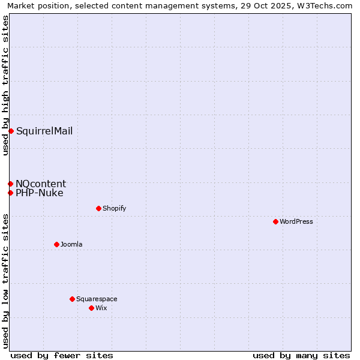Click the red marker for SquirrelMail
point(11,131)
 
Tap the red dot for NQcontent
point(10,184)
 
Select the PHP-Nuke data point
point(10,193)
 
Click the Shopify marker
point(98,208)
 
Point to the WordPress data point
point(275,221)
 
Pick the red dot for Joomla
point(56,244)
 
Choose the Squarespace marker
point(72,299)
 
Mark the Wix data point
point(91,308)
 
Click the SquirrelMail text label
point(44,131)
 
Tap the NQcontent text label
point(41,184)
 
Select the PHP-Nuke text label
point(40,193)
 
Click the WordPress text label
point(296,221)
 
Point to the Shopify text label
point(114,208)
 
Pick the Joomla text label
point(71,244)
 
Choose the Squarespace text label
point(97,299)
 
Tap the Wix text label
point(101,308)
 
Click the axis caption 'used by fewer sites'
point(62,355)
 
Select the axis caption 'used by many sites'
point(301,355)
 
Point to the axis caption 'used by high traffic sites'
point(5,85)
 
